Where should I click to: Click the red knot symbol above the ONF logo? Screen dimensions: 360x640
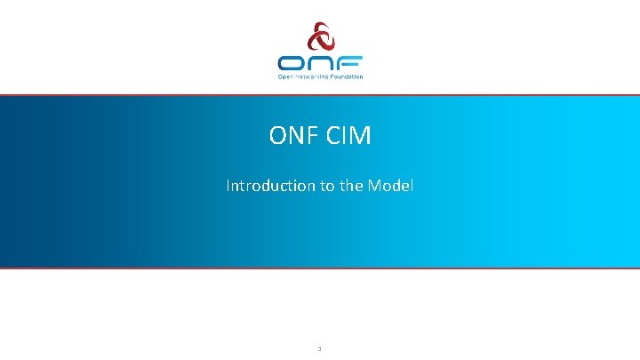319,38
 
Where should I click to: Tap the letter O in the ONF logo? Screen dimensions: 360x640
292,63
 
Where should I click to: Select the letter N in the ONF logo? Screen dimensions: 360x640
320,63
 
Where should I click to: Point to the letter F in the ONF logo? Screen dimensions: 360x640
349,63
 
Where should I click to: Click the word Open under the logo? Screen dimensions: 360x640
285,76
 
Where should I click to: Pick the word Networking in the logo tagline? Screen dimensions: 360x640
311,76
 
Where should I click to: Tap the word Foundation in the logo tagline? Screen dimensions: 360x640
346,76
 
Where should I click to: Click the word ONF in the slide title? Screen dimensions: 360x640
290,136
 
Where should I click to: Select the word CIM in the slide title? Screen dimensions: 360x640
348,136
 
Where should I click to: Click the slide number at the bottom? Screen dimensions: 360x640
319,348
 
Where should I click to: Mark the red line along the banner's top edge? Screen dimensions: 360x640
320,95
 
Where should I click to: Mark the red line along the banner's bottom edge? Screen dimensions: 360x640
320,267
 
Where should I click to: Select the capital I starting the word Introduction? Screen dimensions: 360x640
228,186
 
